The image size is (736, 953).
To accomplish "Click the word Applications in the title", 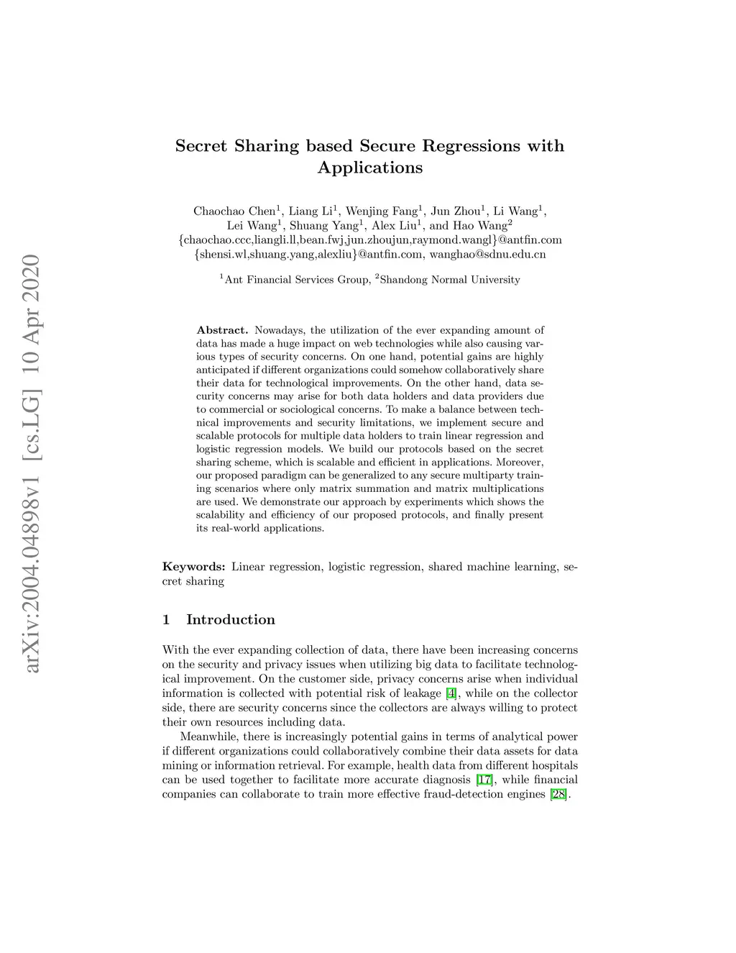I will click(x=370, y=168).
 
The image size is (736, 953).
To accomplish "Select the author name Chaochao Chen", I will click(x=234, y=211).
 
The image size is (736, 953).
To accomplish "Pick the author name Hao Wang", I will click(x=479, y=225).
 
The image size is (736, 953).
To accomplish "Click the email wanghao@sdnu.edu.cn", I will click(x=487, y=254).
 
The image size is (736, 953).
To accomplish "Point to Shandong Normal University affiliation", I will click(x=449, y=280).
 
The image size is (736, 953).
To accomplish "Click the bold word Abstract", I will click(x=222, y=330).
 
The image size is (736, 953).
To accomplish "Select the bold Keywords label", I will click(x=193, y=567).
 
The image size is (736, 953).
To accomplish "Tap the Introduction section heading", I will click(x=230, y=620).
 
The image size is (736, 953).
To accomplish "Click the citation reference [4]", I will click(x=451, y=693).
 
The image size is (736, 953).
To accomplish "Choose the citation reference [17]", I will click(x=485, y=780).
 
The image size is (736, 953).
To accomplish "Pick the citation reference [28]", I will click(x=558, y=794).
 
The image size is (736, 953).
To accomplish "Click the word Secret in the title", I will click(x=201, y=146).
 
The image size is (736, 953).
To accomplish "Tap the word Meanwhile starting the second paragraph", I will click(x=209, y=737).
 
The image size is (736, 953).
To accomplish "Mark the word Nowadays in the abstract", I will click(x=280, y=330).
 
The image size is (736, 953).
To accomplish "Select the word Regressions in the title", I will click(x=471, y=146).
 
